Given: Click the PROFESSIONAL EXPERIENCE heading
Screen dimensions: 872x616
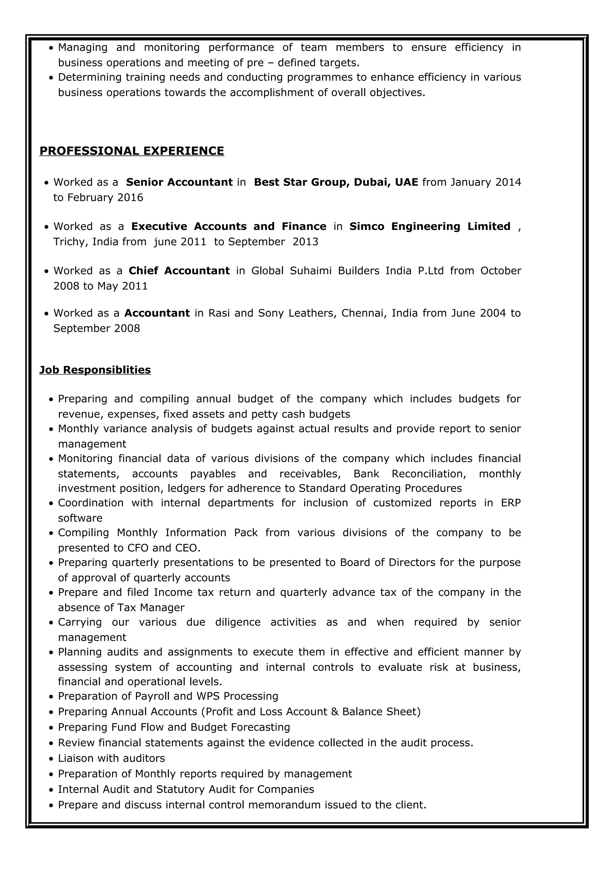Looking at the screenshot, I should coord(132,151).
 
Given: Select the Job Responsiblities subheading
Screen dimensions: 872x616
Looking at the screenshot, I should coord(95,370).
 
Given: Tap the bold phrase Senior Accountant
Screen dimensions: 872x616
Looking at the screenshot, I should coord(179,182).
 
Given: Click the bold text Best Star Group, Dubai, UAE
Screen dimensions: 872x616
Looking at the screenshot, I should coord(336,182).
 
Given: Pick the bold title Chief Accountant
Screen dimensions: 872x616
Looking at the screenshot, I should coord(179,271).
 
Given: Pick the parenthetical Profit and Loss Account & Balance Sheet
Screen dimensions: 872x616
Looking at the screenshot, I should coord(311,711).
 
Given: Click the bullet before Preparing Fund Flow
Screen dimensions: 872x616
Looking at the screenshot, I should coord(52,728).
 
